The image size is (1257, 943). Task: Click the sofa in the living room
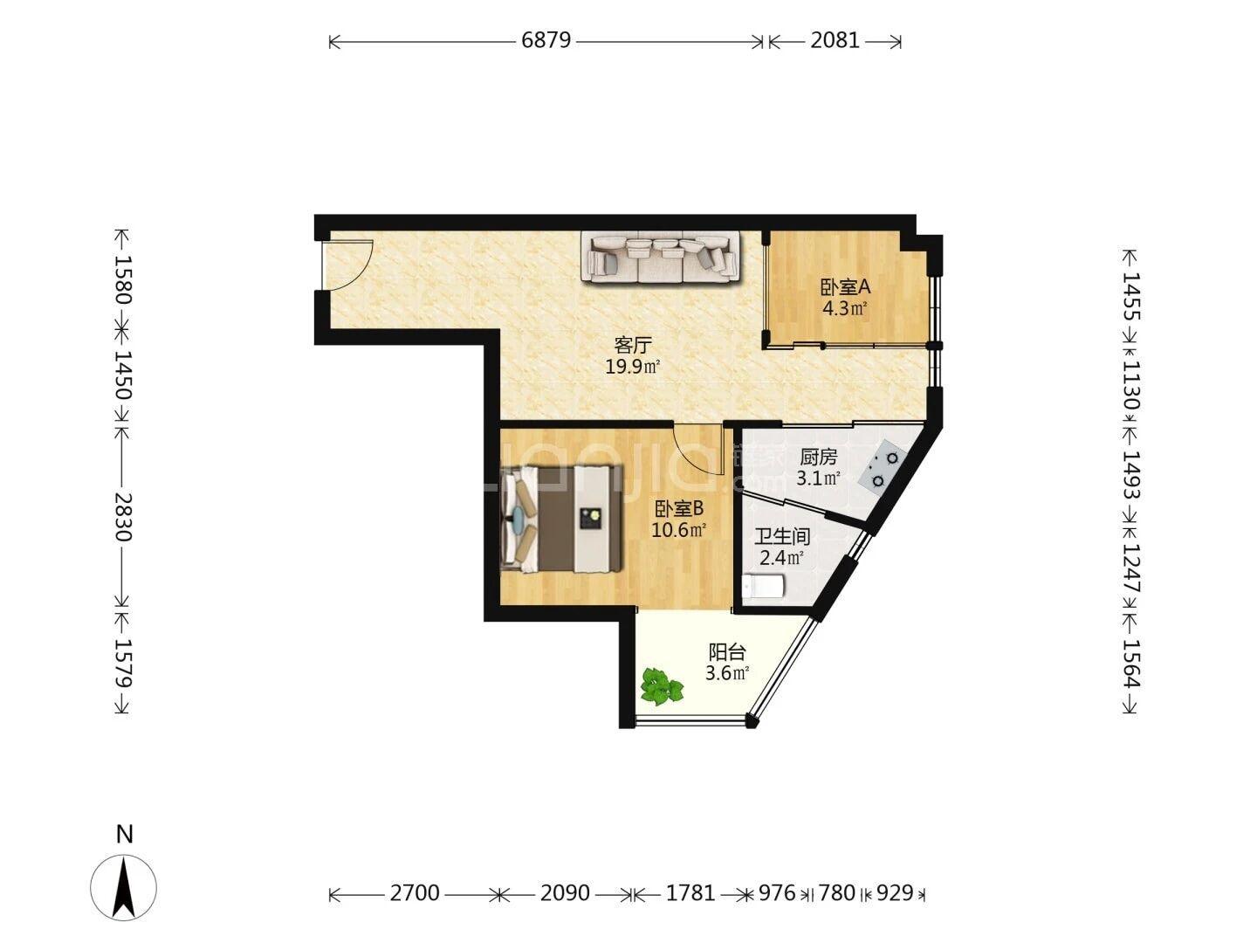pyautogui.click(x=660, y=257)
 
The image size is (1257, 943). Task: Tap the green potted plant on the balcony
pyautogui.click(x=662, y=686)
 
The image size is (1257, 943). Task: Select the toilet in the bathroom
pyautogui.click(x=762, y=587)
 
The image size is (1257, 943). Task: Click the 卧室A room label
pyautogui.click(x=845, y=287)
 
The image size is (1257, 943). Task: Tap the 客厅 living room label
pyautogui.click(x=633, y=345)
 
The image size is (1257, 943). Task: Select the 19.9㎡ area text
pyautogui.click(x=633, y=367)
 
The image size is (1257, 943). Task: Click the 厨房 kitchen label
pyautogui.click(x=818, y=457)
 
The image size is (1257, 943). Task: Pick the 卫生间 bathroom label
pyautogui.click(x=781, y=536)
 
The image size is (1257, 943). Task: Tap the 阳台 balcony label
pyautogui.click(x=727, y=651)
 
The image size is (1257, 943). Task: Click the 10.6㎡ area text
pyautogui.click(x=678, y=530)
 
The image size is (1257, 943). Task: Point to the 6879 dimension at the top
pyautogui.click(x=546, y=40)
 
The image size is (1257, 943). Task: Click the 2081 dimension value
pyautogui.click(x=835, y=40)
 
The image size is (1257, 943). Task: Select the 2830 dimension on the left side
pyautogui.click(x=123, y=517)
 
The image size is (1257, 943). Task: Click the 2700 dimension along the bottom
pyautogui.click(x=415, y=892)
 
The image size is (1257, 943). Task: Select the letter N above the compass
pyautogui.click(x=124, y=835)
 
